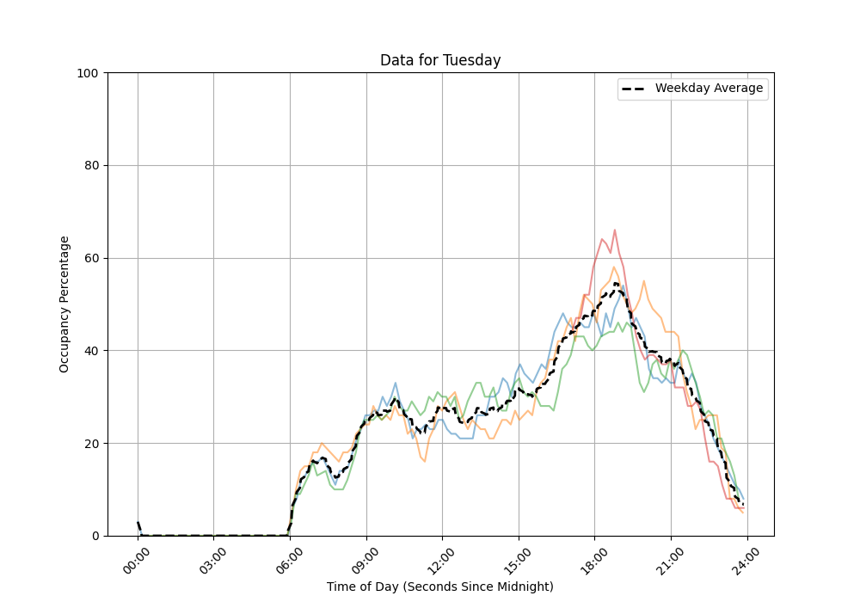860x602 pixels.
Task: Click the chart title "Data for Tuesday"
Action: click(440, 60)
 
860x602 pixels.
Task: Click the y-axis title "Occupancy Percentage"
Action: click(64, 304)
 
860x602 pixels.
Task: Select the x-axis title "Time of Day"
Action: click(440, 587)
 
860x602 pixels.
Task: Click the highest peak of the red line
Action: click(614, 230)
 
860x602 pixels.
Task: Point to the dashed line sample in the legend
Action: click(635, 89)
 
